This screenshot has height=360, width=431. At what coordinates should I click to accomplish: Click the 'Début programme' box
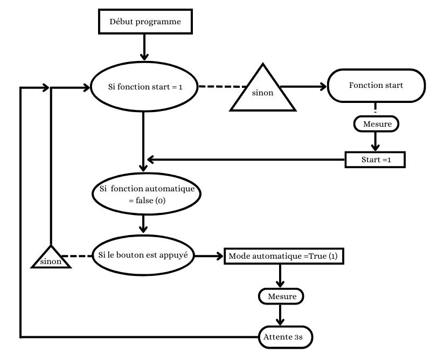point(144,22)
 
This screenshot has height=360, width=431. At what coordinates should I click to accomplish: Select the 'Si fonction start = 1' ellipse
point(144,87)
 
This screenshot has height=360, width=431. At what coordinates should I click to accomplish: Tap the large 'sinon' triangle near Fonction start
point(263,92)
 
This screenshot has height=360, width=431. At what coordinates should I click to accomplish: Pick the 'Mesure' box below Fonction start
point(377,124)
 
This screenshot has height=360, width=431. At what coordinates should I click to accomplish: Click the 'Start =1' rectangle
point(374,160)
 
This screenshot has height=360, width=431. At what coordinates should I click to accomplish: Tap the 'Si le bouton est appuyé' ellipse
point(144,255)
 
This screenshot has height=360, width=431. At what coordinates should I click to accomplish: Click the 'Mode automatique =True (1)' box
point(283,256)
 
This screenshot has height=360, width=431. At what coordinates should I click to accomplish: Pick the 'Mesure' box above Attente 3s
point(281,296)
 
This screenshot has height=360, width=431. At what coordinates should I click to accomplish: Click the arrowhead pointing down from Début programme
point(144,56)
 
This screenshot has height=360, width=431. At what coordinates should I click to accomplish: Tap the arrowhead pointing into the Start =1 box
point(376,149)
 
